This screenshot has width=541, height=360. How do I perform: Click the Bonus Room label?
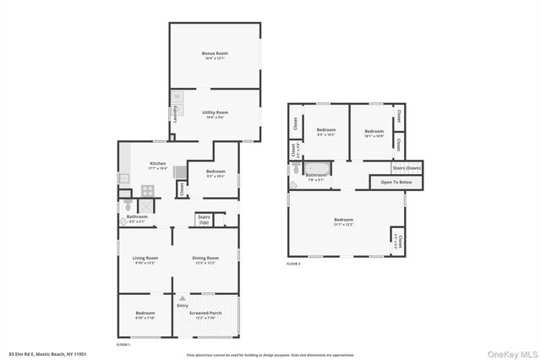[x=215, y=53]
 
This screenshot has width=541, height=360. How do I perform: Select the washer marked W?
[x=178, y=97]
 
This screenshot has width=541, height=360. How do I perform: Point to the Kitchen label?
[x=158, y=163]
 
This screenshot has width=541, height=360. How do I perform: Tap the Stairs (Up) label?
[x=204, y=219]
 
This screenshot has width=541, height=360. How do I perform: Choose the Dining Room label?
[x=205, y=258]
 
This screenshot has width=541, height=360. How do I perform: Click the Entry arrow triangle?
[x=182, y=298]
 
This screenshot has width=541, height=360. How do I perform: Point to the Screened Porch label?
[x=205, y=313]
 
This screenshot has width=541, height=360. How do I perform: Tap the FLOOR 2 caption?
[x=293, y=265]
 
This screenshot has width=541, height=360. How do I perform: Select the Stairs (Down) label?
[x=407, y=167]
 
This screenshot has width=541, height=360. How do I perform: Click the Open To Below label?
[x=396, y=182]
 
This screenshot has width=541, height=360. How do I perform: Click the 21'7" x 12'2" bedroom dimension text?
[x=342, y=225]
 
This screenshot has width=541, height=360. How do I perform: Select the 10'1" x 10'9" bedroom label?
[x=374, y=135]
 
